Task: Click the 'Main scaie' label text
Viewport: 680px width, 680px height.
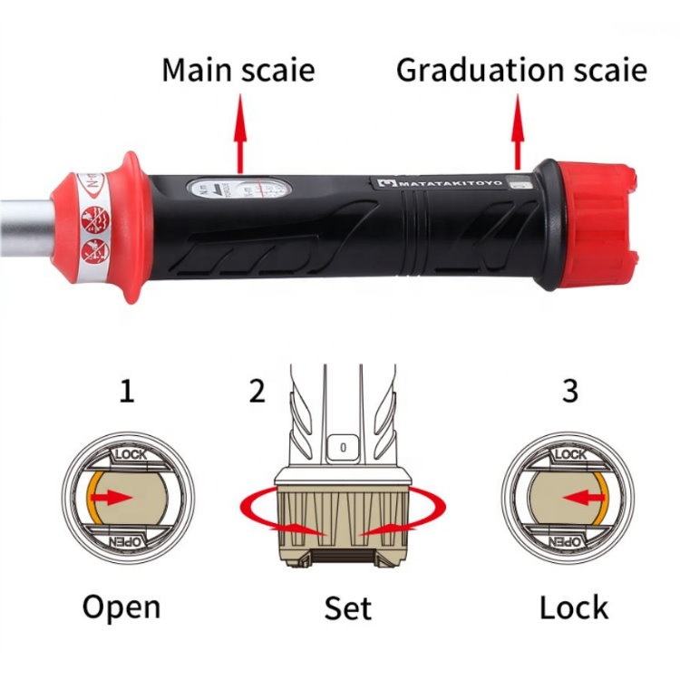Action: (x=239, y=70)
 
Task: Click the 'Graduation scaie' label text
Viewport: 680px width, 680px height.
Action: (x=521, y=70)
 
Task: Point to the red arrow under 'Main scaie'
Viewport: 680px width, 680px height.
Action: (x=239, y=136)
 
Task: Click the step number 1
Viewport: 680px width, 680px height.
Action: (x=127, y=391)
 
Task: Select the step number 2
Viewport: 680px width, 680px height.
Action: (x=257, y=391)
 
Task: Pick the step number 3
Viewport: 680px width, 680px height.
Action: (x=569, y=391)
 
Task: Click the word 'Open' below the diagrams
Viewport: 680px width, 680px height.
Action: (x=121, y=607)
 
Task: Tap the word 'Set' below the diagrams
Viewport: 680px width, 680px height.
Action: (x=348, y=607)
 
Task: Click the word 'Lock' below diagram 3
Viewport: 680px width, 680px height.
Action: (x=574, y=607)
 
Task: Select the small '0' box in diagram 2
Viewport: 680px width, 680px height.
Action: (x=343, y=446)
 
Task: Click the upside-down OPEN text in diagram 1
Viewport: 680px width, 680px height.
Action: (x=126, y=541)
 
